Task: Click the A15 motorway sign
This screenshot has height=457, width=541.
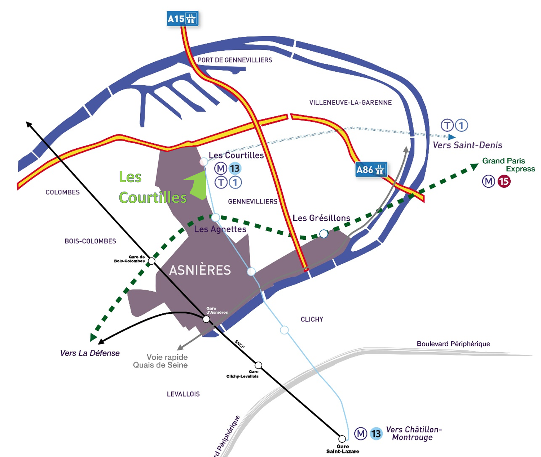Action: tap(182, 18)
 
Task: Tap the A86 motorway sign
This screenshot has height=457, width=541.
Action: tap(371, 169)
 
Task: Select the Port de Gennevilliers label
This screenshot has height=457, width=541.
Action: tap(235, 60)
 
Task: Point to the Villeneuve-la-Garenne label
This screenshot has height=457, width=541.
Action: tap(350, 103)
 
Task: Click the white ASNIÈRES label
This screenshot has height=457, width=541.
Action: tap(200, 270)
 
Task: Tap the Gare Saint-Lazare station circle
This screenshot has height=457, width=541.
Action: tap(342, 439)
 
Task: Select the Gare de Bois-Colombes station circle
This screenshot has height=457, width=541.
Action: tap(152, 261)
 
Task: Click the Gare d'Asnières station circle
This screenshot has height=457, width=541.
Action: tap(206, 319)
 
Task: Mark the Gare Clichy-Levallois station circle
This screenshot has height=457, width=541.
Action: tap(258, 365)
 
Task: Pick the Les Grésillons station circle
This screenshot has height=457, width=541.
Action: tap(324, 234)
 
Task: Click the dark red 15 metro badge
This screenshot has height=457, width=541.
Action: tap(504, 181)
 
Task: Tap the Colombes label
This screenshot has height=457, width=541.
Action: tap(62, 192)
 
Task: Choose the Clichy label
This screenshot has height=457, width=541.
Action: tap(312, 319)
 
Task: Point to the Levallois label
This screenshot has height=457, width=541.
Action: tap(183, 394)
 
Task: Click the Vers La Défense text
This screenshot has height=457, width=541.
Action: tap(90, 353)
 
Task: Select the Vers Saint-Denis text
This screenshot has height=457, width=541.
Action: tap(467, 145)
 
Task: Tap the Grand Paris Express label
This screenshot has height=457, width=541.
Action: tap(509, 165)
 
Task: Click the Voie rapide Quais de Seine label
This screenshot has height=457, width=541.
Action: tap(161, 361)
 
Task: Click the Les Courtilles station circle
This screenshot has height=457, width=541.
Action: tap(204, 161)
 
